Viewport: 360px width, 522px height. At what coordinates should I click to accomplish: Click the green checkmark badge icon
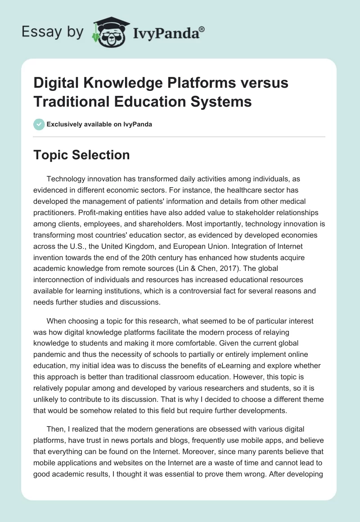coord(39,124)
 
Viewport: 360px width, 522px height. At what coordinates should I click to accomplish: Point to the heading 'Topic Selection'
coord(81,155)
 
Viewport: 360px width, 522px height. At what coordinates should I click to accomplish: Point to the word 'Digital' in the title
coord(56,83)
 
